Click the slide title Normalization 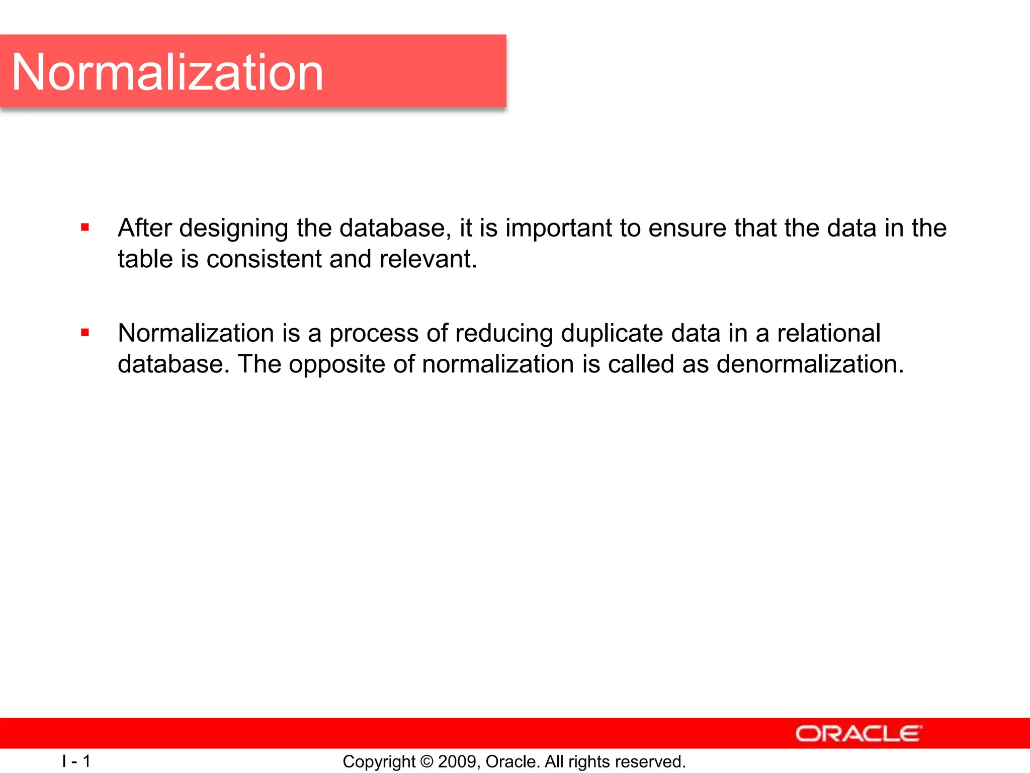pyautogui.click(x=167, y=72)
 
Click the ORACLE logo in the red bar pyautogui.click(x=858, y=734)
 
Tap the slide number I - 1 pyautogui.click(x=76, y=761)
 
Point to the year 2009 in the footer pyautogui.click(x=455, y=761)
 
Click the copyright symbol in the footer pyautogui.click(x=426, y=761)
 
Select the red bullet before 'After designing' pyautogui.click(x=85, y=227)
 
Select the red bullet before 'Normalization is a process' pyautogui.click(x=85, y=332)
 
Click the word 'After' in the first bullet pyautogui.click(x=145, y=227)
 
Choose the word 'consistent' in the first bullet pyautogui.click(x=264, y=259)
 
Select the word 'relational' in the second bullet pyautogui.click(x=828, y=333)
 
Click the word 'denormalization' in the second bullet pyautogui.click(x=810, y=364)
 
